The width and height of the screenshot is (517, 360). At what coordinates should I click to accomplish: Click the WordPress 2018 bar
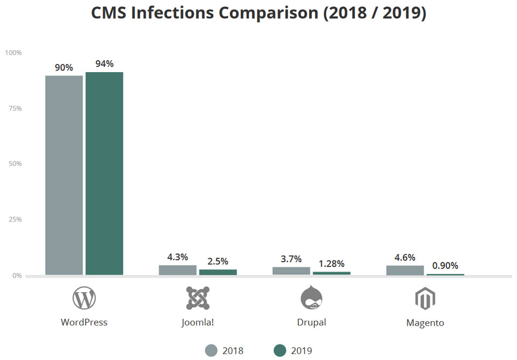click(64, 175)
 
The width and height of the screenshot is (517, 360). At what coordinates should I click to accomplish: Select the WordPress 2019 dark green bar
click(104, 174)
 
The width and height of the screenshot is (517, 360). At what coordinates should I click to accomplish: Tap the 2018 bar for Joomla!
click(178, 270)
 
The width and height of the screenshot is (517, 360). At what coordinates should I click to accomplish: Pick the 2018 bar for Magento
click(405, 270)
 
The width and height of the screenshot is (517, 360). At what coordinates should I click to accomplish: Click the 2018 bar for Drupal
click(291, 271)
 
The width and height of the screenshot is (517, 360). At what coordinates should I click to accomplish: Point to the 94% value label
click(104, 64)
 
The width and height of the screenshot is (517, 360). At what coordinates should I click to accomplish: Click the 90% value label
click(64, 67)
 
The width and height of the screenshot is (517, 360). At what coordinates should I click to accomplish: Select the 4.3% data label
click(178, 257)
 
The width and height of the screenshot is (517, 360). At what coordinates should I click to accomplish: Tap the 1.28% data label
click(332, 264)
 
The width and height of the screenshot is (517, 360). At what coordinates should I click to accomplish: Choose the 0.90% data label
click(445, 266)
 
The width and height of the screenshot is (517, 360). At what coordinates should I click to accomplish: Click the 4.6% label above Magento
click(405, 257)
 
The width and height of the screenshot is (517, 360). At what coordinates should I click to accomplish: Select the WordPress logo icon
click(84, 298)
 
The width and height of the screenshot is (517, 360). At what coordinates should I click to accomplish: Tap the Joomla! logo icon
click(198, 298)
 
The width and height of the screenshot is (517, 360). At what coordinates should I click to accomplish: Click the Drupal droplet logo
click(311, 298)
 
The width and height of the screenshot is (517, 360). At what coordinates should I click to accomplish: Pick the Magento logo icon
click(425, 299)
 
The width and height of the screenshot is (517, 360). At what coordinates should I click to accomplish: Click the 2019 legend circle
click(280, 351)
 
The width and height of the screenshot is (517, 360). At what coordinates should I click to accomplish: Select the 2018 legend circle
click(211, 351)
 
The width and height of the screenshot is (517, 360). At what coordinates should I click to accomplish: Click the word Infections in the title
click(185, 13)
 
